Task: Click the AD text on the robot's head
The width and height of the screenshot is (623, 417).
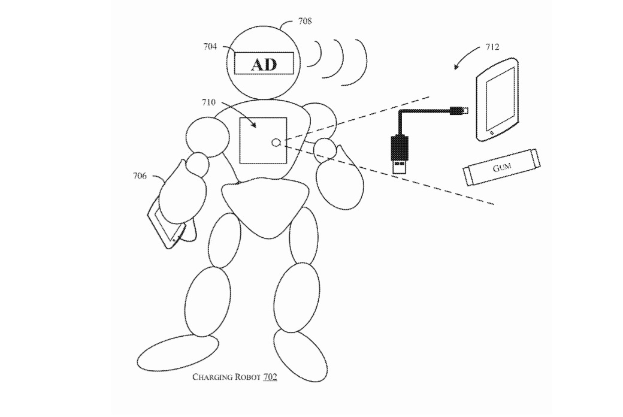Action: (264, 64)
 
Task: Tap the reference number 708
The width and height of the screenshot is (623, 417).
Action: (304, 22)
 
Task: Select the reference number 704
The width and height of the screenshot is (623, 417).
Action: (210, 46)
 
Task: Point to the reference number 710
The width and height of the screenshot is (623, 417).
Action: (208, 102)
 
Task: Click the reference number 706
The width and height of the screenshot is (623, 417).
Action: (140, 176)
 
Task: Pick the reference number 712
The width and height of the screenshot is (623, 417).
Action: (492, 47)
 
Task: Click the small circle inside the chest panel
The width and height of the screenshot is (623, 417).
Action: (276, 142)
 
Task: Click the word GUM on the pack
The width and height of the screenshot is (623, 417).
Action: (501, 168)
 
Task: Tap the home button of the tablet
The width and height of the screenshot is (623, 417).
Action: (492, 132)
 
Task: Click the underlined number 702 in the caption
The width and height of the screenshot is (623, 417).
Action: (269, 377)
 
